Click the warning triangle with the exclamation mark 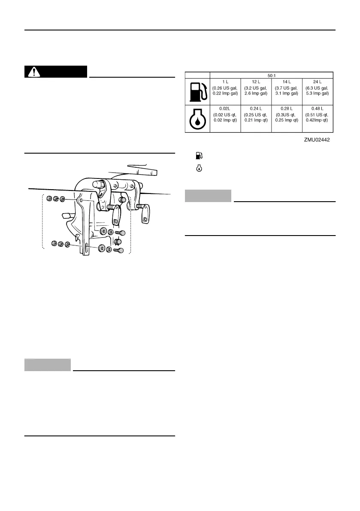click(32, 72)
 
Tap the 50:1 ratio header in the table click(272, 75)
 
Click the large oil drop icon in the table click(197, 118)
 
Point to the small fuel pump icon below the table click(198, 155)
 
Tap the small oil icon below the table click(198, 169)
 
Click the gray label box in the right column click(208, 196)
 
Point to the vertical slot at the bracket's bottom click(86, 247)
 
